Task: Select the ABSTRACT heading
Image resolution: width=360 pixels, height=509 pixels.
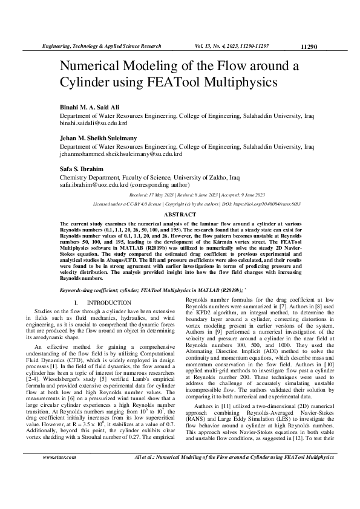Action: point(180,215)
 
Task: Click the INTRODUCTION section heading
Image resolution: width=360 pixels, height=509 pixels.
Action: point(109,302)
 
